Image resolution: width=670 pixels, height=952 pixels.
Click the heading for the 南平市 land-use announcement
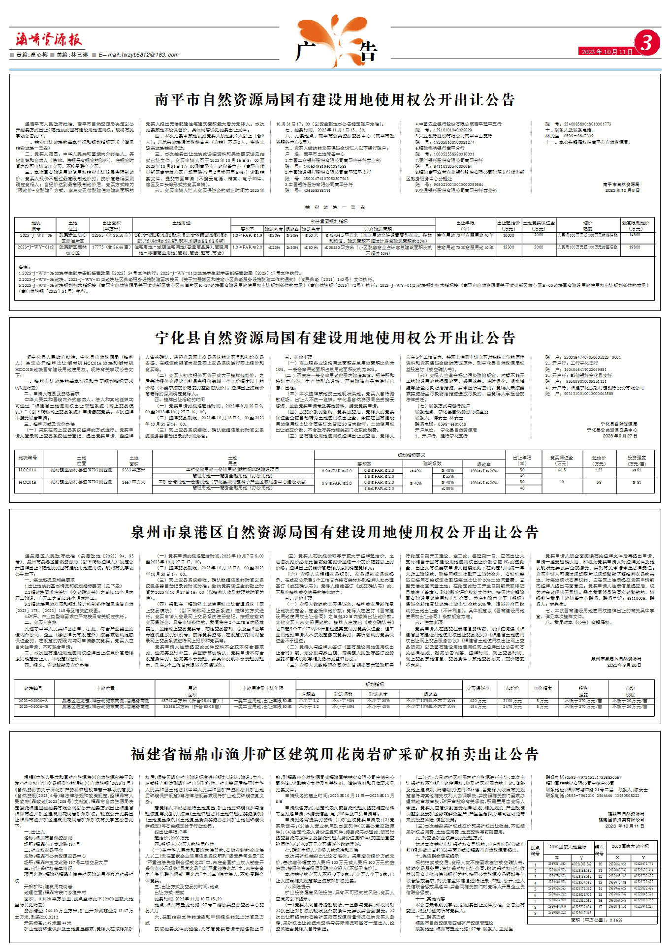click(335, 100)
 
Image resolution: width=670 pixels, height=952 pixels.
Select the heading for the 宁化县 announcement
click(335, 338)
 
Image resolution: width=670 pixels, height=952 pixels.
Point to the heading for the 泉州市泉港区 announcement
click(335, 532)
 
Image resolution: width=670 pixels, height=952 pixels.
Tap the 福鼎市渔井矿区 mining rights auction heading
click(335, 754)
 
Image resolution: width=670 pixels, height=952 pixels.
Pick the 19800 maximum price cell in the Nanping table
click(635, 248)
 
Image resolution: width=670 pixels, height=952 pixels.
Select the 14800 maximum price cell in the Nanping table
click(635, 236)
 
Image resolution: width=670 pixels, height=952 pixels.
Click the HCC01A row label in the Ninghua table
click(28, 470)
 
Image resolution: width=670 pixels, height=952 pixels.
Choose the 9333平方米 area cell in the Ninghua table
click(134, 470)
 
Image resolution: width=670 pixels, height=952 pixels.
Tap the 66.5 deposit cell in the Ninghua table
click(562, 470)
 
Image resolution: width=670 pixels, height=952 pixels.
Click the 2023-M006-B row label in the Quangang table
click(33, 706)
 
